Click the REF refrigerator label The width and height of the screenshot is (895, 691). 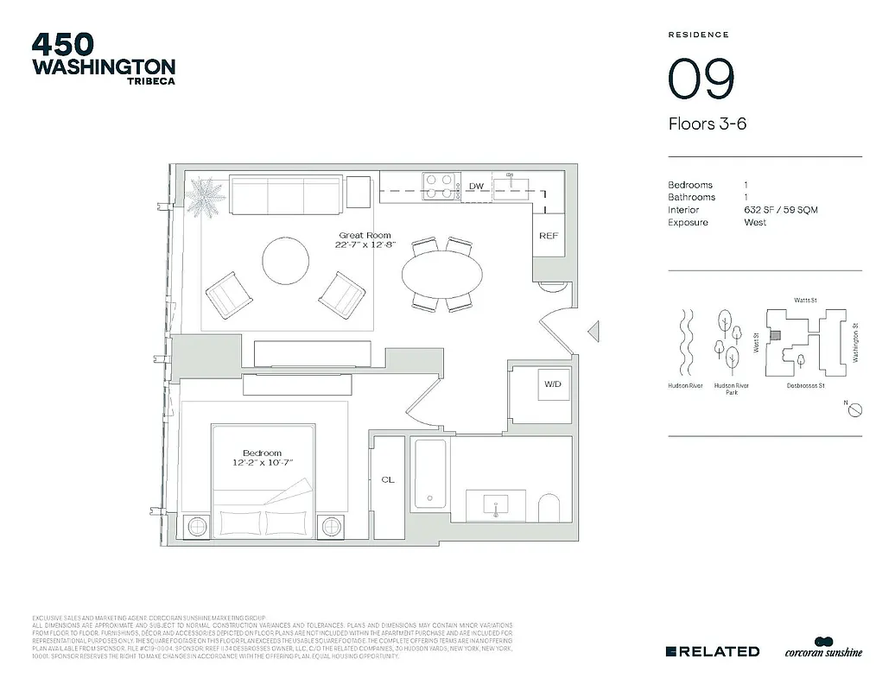tap(548, 236)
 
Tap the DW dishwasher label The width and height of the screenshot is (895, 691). tap(476, 187)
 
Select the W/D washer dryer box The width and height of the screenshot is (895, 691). tap(552, 384)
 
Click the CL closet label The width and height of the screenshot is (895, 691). tap(388, 479)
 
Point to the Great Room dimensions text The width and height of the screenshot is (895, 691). tap(365, 244)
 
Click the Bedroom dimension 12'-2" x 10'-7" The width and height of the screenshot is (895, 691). tap(262, 463)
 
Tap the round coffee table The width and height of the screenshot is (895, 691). tap(285, 260)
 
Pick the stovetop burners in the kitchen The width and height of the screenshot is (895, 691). tap(439, 187)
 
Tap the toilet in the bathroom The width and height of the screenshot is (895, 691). tap(549, 508)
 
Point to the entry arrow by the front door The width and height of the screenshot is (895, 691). tap(593, 330)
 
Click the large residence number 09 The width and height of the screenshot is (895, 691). tap(701, 78)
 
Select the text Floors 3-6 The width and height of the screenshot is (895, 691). tap(707, 124)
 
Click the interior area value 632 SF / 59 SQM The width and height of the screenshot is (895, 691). tap(780, 210)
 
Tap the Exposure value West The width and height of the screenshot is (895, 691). tap(755, 222)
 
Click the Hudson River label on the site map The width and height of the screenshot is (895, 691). tap(684, 386)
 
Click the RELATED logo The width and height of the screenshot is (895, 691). tap(714, 651)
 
